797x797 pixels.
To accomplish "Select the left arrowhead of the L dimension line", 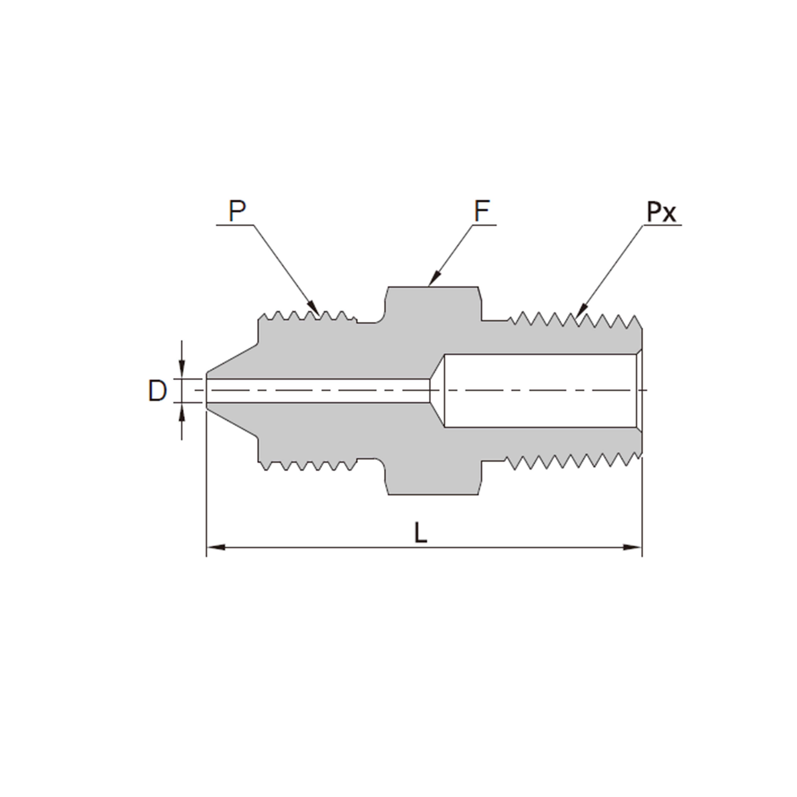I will pos(215,547).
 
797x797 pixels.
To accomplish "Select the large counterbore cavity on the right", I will pos(540,390).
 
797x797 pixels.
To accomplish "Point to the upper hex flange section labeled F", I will pos(433,305).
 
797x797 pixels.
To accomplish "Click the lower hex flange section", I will pos(433,477).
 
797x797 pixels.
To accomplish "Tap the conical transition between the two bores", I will pos(437,390).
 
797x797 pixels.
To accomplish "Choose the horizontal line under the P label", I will pos(235,225).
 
